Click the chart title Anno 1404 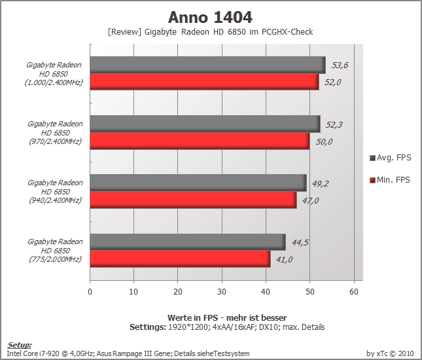pos(210,18)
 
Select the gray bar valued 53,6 pos(208,65)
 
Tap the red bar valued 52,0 pos(205,82)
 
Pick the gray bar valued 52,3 pos(205,124)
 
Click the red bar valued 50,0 pos(200,141)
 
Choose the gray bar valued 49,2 pos(198,183)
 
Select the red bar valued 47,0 pos(194,200)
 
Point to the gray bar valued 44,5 pos(188,242)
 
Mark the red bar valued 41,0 pos(181,259)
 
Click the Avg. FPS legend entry pos(391,158)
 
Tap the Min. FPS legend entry pos(390,179)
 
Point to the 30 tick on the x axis pos(222,292)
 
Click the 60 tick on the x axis pos(354,292)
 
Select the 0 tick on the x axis pos(90,292)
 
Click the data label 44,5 pos(300,243)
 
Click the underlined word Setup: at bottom pos(20,345)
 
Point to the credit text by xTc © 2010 pos(390,353)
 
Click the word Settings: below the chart pos(147,327)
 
